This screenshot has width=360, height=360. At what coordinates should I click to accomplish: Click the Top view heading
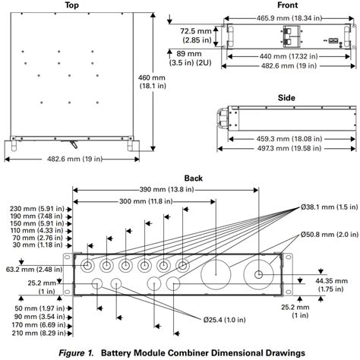tap(72, 5)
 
